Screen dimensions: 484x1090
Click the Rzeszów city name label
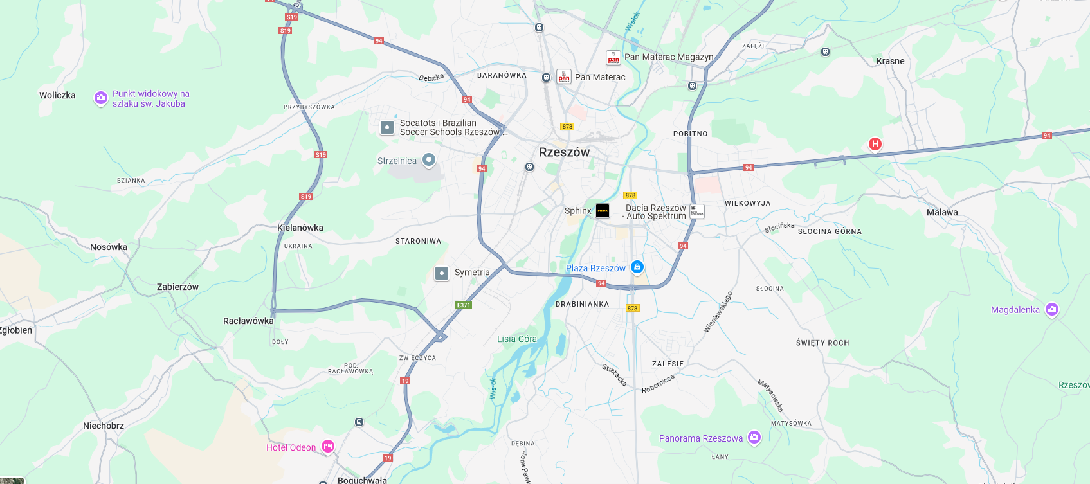click(564, 152)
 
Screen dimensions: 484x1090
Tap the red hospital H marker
click(875, 144)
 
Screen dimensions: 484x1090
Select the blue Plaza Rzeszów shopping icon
click(637, 267)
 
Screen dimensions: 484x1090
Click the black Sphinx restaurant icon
click(603, 211)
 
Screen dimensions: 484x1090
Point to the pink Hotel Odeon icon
click(328, 446)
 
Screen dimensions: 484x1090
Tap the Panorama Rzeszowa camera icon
click(754, 438)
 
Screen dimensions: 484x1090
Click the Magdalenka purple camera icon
click(1052, 309)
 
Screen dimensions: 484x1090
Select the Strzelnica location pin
click(429, 159)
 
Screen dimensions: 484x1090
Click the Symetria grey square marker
click(442, 273)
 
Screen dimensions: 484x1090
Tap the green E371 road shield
click(464, 305)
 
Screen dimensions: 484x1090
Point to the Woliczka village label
click(57, 95)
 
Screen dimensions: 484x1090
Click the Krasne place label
click(890, 61)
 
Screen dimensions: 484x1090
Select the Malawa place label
click(942, 212)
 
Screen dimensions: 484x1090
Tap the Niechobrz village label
click(104, 426)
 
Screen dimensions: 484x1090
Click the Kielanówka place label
click(300, 228)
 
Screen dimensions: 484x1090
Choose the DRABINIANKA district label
click(582, 304)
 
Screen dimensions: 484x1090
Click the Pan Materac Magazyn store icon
click(613, 58)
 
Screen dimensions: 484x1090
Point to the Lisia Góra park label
click(516, 339)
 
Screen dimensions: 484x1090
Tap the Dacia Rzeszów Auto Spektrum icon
click(697, 211)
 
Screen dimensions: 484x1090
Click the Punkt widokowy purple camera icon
click(101, 98)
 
